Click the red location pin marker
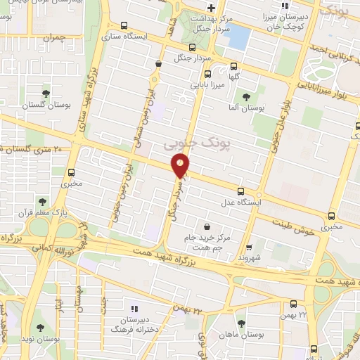click(x=181, y=166)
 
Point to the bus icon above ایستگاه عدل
click(x=241, y=191)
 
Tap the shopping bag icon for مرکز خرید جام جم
click(x=207, y=226)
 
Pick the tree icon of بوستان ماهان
click(x=241, y=323)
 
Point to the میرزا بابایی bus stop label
click(x=209, y=85)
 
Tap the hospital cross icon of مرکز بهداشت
click(x=201, y=8)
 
